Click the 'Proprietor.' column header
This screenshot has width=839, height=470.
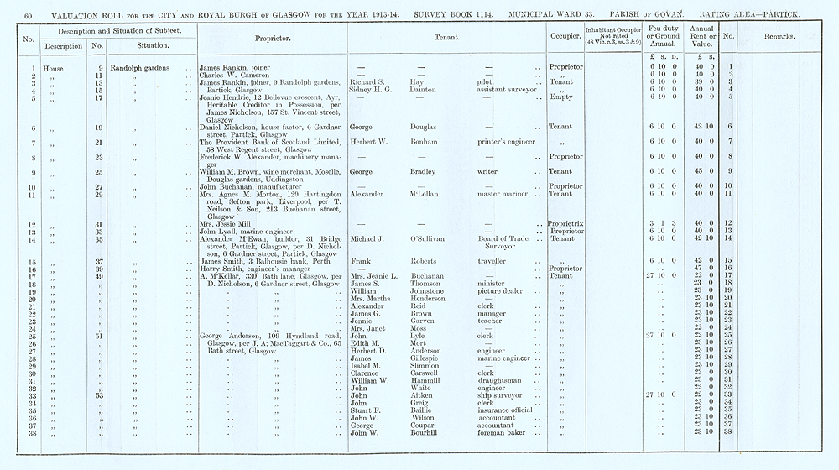[x=273, y=39]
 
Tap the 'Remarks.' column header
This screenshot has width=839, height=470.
[x=780, y=38]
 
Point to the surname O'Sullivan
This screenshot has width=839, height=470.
[x=427, y=239]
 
